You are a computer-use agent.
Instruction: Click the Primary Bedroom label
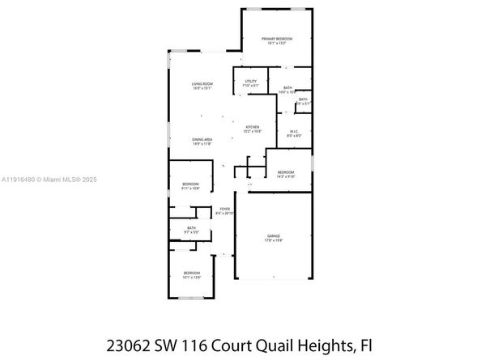276,39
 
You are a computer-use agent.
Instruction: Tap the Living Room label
202,84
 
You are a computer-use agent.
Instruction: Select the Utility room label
250,81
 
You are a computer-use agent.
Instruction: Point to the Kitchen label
253,127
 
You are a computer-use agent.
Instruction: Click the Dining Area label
202,140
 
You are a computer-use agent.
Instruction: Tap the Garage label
274,235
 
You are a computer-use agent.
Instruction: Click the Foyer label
225,209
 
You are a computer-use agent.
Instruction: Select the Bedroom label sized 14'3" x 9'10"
286,172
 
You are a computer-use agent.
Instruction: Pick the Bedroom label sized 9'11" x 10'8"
190,184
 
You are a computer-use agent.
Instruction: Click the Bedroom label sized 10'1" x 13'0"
190,273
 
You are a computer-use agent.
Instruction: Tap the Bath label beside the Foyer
191,228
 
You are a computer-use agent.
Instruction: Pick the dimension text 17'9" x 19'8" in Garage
274,240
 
